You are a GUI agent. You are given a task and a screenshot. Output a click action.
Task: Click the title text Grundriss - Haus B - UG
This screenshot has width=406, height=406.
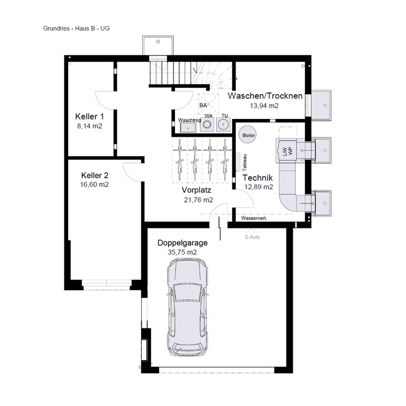[76, 28]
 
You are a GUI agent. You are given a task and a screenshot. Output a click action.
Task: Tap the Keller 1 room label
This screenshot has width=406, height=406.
[89, 116]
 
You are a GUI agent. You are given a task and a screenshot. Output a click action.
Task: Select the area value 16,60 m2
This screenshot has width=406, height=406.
[94, 184]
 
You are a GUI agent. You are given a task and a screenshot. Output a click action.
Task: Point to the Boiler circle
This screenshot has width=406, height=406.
[248, 134]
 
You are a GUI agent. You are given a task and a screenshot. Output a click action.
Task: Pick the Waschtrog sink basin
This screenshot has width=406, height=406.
[188, 127]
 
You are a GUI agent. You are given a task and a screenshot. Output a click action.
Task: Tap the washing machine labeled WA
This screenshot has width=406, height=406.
[207, 125]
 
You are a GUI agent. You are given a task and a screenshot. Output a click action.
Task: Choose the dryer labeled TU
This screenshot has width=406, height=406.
[223, 125]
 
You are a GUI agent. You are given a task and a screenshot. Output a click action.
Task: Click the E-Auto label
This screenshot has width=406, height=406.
[252, 237]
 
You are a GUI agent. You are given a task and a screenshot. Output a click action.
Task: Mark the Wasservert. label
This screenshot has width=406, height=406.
[254, 218]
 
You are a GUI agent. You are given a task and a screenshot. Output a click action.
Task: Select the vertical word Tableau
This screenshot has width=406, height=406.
[245, 163]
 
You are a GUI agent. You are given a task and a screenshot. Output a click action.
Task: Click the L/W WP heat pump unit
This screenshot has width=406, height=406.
[287, 151]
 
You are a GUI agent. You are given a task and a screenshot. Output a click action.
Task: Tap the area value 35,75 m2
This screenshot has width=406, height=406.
[182, 252]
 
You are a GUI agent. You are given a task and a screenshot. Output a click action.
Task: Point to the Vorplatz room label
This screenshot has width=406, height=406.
[197, 190]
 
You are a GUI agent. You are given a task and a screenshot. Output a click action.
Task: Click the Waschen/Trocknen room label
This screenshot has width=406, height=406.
[265, 96]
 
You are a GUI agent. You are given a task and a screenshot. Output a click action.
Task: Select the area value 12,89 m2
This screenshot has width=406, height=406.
[259, 187]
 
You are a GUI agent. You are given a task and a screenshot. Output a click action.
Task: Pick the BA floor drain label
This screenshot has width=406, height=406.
[203, 105]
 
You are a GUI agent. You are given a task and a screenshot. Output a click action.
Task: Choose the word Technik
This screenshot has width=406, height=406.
[257, 178]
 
